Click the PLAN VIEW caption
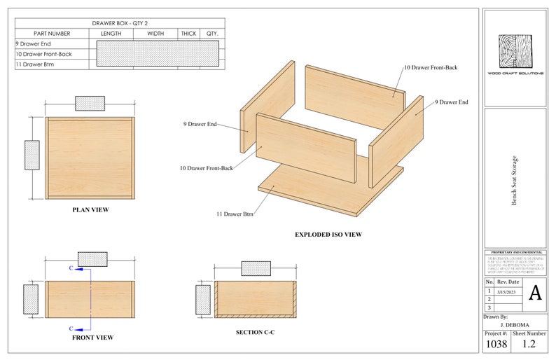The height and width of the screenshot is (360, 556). [x=90, y=209]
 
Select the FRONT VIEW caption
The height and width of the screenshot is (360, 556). [x=92, y=338]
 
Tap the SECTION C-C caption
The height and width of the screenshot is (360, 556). [x=254, y=331]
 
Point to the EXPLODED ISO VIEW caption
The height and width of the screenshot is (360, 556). [x=328, y=235]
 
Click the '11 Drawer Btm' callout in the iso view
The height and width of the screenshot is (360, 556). [x=235, y=214]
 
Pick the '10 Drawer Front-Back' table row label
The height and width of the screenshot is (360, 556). [x=43, y=54]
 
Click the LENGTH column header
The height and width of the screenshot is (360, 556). [x=111, y=34]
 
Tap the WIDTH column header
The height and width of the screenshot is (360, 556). [x=155, y=34]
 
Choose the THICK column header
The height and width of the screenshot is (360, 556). [x=188, y=34]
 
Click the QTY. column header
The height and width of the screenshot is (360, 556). [x=212, y=34]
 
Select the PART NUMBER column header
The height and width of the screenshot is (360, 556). [x=52, y=34]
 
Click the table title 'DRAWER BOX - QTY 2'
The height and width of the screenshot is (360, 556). [x=120, y=23]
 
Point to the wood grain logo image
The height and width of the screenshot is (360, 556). [x=515, y=52]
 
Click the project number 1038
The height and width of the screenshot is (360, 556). [x=496, y=345]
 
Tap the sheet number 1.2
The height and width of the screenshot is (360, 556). [x=529, y=345]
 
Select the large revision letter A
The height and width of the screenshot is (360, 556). [x=534, y=293]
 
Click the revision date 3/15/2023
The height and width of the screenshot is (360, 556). [x=506, y=291]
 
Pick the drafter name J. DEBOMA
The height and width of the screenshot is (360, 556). [x=515, y=325]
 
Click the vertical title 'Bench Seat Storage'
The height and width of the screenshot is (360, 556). [x=514, y=180]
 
